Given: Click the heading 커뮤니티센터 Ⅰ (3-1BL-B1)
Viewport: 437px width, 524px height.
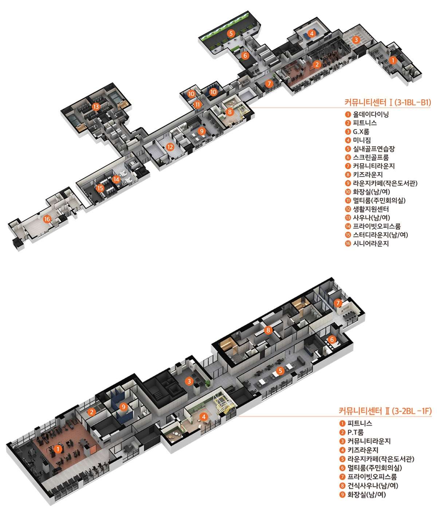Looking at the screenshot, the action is tap(387, 102).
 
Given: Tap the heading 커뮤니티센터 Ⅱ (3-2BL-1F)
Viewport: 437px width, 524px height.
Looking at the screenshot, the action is tap(385, 411).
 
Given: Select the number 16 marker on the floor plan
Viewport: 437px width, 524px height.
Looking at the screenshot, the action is tap(47, 219).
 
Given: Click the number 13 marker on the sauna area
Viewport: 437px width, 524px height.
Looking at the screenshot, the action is tap(96, 107).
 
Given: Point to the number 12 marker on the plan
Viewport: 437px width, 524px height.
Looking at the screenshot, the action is tap(170, 147).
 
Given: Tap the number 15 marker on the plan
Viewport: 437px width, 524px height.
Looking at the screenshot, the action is tap(100, 188).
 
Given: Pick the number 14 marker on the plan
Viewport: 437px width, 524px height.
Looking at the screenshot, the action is tap(116, 179).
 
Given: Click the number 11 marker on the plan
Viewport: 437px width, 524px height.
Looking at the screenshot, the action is tap(198, 104).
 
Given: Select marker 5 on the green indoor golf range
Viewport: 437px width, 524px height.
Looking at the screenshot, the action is tap(231, 33).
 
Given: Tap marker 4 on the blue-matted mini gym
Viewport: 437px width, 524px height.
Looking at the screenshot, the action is tap(311, 33).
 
